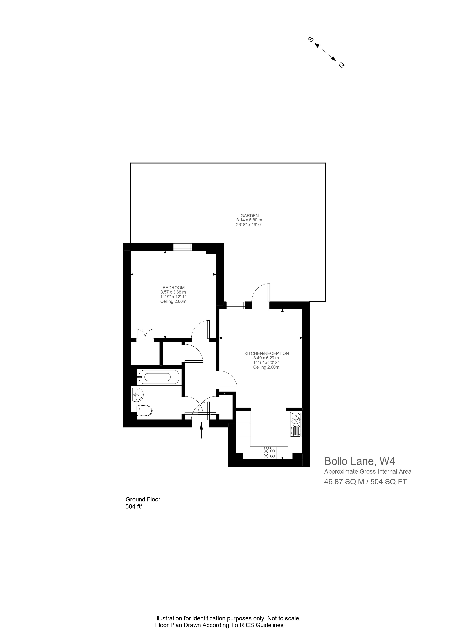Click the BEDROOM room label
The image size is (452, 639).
173,288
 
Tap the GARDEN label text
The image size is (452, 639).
250,215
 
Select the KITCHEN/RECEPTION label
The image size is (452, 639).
266,353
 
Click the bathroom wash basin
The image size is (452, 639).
138,394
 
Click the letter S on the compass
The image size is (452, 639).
311,40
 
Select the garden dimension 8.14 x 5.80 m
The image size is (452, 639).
249,220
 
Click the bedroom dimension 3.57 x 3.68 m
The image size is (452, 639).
173,292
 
